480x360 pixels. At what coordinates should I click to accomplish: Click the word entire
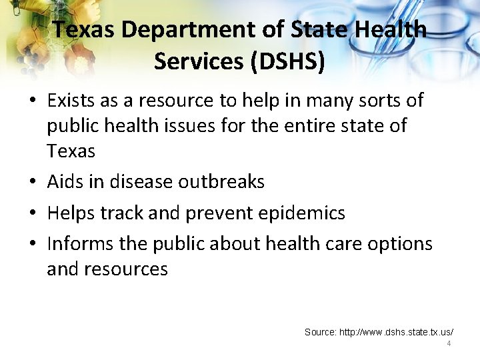pos(317,126)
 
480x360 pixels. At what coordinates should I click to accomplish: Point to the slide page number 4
pos(449,343)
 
